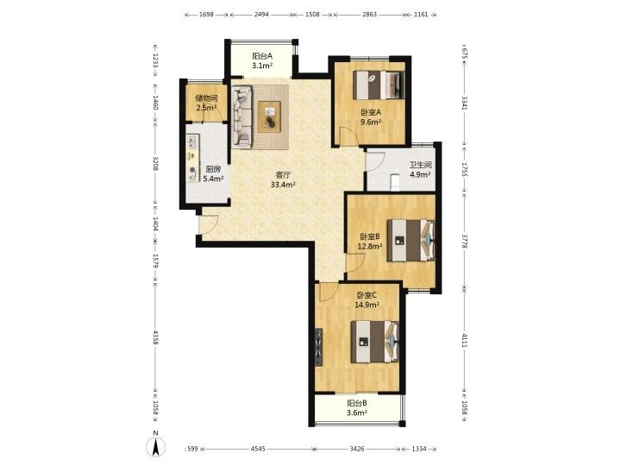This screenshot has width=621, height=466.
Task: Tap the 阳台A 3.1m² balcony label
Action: [262, 60]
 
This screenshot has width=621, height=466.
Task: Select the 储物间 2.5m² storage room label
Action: [206, 103]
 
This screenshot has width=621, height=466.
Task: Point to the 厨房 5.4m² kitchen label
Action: [213, 173]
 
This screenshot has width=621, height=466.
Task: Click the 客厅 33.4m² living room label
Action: [283, 179]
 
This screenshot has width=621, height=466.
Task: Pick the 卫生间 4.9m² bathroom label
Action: [420, 169]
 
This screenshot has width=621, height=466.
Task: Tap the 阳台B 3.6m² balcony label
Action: [357, 407]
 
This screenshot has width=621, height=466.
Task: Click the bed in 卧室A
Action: [379, 85]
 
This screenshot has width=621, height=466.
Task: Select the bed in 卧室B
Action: [411, 240]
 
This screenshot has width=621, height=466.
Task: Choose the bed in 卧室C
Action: [375, 342]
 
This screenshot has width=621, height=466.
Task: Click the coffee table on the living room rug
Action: [269, 116]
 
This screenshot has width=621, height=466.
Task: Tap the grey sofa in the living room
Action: [242, 117]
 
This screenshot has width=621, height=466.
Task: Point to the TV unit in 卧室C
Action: [319, 347]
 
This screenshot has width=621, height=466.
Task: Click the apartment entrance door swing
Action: [209, 225]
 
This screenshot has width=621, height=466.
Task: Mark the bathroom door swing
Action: [375, 161]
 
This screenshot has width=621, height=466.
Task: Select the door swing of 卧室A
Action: [349, 136]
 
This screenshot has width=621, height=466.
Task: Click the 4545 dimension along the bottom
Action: [258, 449]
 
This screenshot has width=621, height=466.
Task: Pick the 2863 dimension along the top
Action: [369, 15]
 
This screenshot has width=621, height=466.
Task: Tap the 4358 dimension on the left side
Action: [155, 337]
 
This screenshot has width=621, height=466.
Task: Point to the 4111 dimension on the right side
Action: [465, 340]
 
